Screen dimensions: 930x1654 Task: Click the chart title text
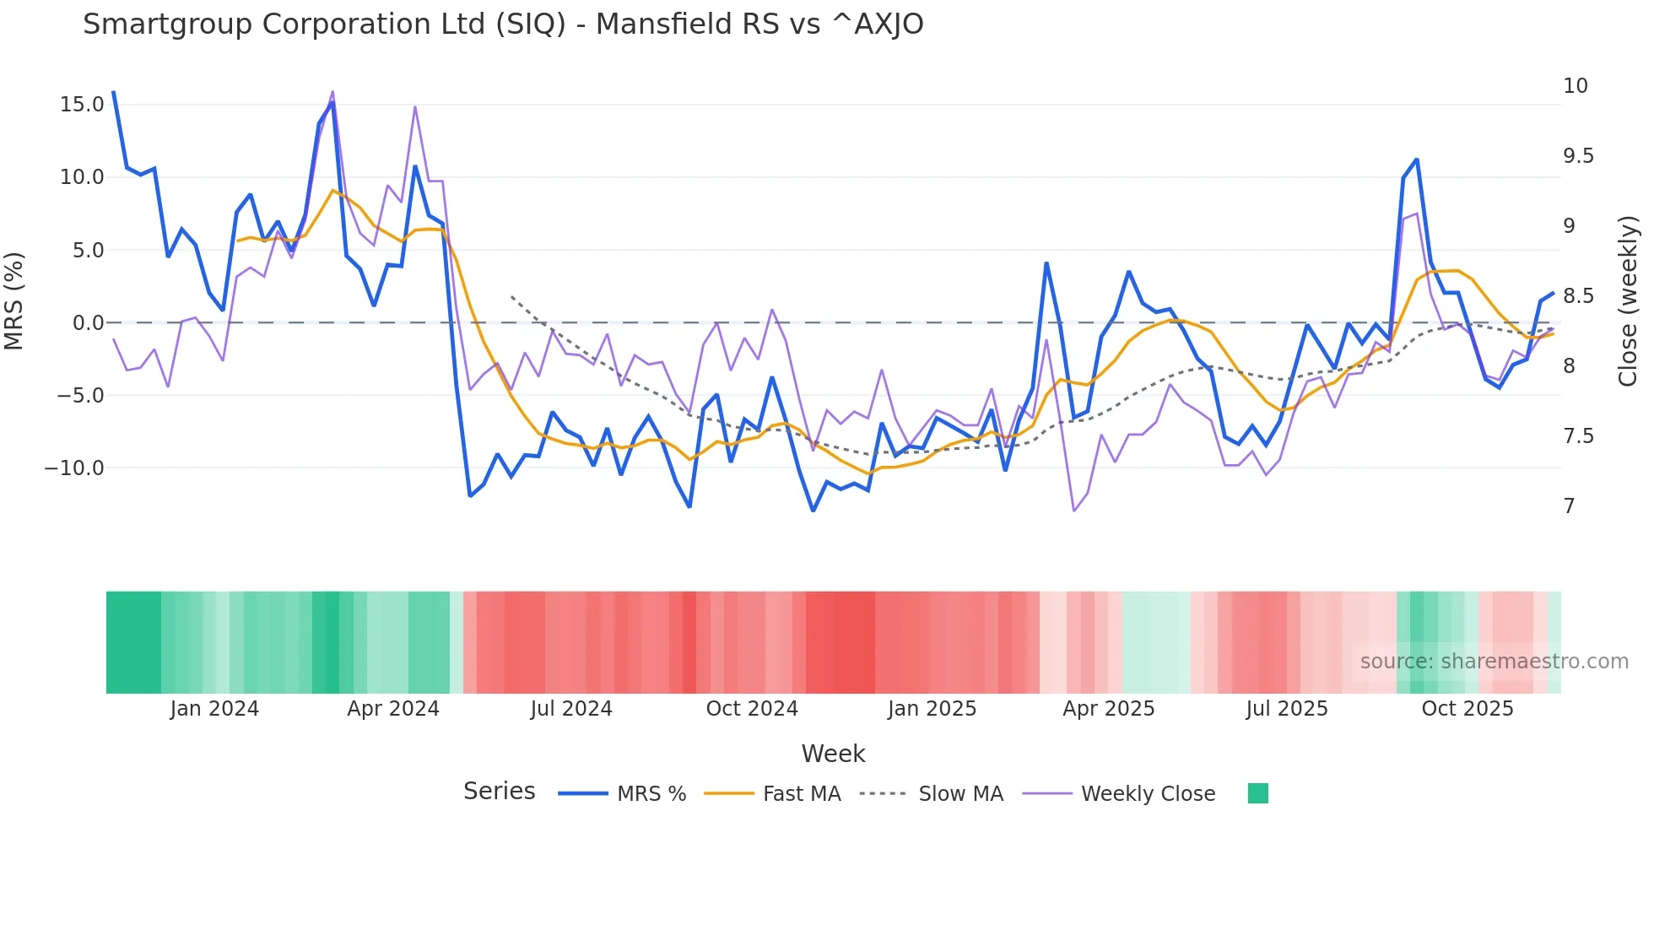pos(503,24)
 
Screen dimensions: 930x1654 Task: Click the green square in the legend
pos(1257,793)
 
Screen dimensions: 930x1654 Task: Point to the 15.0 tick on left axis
pos(82,105)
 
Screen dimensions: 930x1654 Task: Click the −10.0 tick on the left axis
pos(74,468)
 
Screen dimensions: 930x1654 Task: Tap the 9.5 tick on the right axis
pos(1578,156)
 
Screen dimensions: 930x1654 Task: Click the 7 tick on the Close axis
pos(1569,506)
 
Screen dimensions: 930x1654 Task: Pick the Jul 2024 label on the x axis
pos(571,709)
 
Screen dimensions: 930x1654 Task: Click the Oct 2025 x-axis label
pos(1467,709)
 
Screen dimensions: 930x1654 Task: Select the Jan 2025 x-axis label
pos(932,709)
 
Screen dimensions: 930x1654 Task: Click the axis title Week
pos(833,754)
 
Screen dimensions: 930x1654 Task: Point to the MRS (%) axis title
pos(14,300)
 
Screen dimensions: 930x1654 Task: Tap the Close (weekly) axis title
pos(1628,300)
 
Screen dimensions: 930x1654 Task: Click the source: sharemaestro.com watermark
pos(1494,662)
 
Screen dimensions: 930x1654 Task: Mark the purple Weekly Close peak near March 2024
pos(332,91)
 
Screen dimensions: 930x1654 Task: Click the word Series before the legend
pos(499,792)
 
